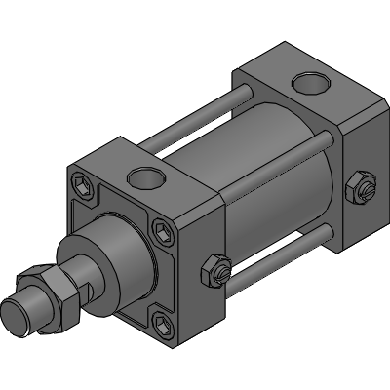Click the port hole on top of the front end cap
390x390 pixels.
(x=147, y=177)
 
